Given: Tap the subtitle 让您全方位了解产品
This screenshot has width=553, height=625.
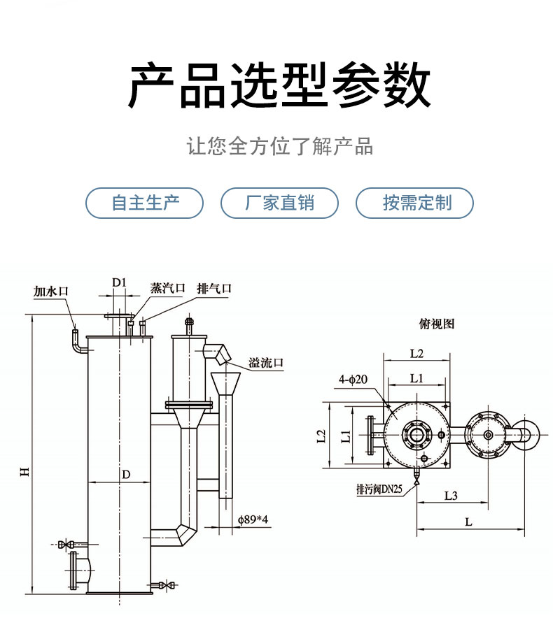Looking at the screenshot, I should [x=279, y=147].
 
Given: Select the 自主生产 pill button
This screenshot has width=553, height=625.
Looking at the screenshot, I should [x=145, y=203].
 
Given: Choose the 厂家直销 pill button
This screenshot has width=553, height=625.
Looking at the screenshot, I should [x=279, y=203].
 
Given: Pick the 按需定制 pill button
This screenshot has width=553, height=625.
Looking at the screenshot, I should [x=416, y=203].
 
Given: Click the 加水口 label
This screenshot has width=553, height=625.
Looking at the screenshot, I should [x=52, y=291].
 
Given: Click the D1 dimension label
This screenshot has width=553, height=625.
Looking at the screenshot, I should [x=119, y=282].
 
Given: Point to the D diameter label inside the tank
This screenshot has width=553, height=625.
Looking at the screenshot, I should [x=126, y=475].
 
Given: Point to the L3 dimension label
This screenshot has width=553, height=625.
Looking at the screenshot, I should [x=451, y=496].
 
